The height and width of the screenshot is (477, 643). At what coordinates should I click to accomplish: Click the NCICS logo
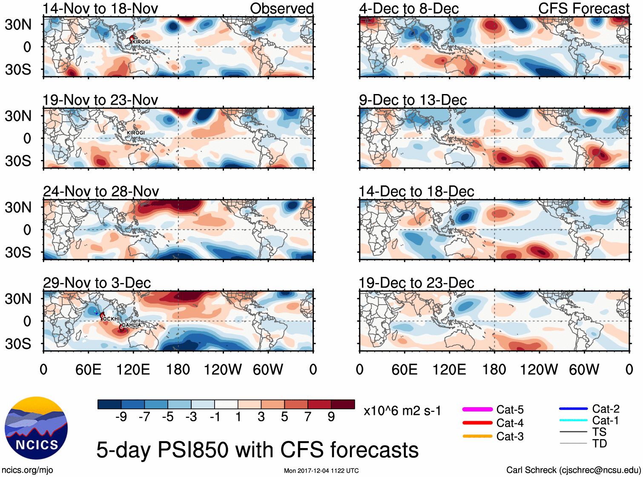click(x=36, y=428)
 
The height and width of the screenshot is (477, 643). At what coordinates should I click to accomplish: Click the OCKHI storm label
click(x=112, y=319)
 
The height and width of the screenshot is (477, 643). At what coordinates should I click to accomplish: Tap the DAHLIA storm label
click(x=131, y=325)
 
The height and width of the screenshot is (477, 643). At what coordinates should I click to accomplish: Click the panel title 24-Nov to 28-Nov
click(x=101, y=191)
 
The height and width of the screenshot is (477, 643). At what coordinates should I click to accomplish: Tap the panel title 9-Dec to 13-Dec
click(x=413, y=100)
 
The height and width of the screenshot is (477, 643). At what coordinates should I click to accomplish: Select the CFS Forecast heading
click(x=583, y=9)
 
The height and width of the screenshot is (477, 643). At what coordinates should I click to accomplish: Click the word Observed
click(x=281, y=9)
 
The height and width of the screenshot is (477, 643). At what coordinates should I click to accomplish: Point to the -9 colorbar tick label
click(x=121, y=417)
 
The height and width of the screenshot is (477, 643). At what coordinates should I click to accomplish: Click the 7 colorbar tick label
click(x=308, y=417)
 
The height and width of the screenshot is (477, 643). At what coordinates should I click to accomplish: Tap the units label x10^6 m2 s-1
click(x=402, y=411)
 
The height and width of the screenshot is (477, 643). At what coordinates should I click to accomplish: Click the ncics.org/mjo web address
click(x=27, y=470)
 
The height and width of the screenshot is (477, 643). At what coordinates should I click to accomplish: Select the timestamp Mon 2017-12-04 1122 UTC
click(x=321, y=471)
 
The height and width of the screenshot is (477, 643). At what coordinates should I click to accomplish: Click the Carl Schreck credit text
click(x=573, y=470)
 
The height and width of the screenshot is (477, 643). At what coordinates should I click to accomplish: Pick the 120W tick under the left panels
click(x=223, y=369)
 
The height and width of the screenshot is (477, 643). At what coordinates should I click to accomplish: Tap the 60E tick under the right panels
click(x=404, y=369)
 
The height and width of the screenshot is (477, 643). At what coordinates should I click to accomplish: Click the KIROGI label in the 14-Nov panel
click(x=141, y=42)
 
